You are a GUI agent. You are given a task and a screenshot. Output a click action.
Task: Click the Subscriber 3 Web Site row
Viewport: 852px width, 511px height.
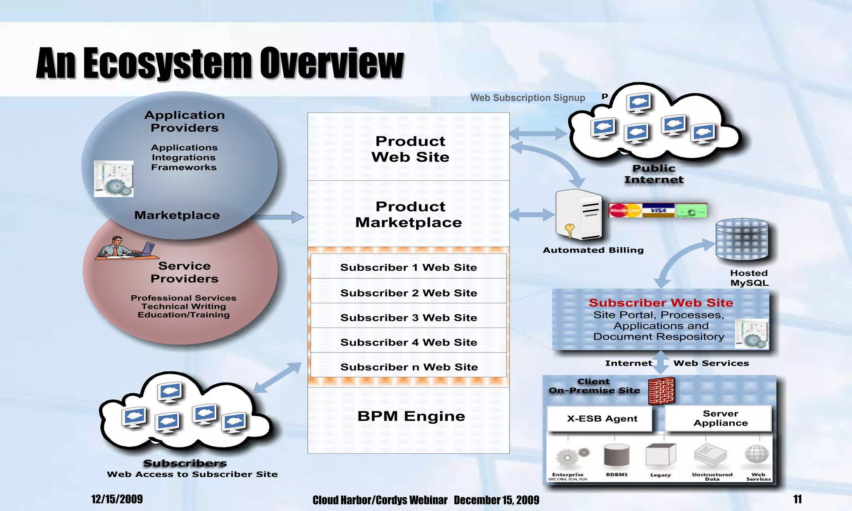pyautogui.click(x=409, y=318)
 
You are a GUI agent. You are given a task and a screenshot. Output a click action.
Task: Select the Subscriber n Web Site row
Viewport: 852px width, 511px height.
pyautogui.click(x=409, y=367)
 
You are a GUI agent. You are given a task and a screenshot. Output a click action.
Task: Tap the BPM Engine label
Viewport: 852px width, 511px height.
pyautogui.click(x=411, y=416)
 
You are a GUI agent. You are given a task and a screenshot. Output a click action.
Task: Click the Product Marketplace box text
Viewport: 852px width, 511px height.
pyautogui.click(x=409, y=215)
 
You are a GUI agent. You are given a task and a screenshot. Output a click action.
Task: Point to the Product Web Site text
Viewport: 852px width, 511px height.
pyautogui.click(x=410, y=149)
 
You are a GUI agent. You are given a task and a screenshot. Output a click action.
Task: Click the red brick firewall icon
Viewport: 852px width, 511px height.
pyautogui.click(x=661, y=391)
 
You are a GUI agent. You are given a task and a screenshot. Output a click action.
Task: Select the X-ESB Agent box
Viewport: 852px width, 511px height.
pyautogui.click(x=602, y=419)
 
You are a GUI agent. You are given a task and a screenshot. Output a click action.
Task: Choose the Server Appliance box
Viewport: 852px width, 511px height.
pyautogui.click(x=720, y=418)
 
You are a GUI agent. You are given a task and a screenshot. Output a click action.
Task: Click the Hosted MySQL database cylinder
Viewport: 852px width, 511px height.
pyautogui.click(x=742, y=239)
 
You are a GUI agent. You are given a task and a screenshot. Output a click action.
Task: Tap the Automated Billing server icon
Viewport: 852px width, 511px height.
pyautogui.click(x=579, y=215)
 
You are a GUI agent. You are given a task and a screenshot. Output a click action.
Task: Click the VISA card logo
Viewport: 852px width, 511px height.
pyautogui.click(x=658, y=210)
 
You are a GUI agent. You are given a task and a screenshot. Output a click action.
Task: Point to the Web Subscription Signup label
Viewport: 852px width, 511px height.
pyautogui.click(x=528, y=98)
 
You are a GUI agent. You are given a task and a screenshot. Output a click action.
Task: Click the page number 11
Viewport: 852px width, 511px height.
pyautogui.click(x=797, y=499)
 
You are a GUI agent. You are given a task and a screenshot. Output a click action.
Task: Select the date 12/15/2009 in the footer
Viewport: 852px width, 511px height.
pyautogui.click(x=117, y=499)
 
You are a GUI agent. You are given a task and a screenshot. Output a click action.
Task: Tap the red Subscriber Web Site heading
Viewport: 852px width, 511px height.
pyautogui.click(x=661, y=303)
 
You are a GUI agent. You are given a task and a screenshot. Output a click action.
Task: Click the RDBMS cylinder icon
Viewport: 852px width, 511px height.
pyautogui.click(x=617, y=455)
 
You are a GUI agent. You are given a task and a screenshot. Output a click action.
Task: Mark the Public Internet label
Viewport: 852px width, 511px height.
pyautogui.click(x=654, y=174)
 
